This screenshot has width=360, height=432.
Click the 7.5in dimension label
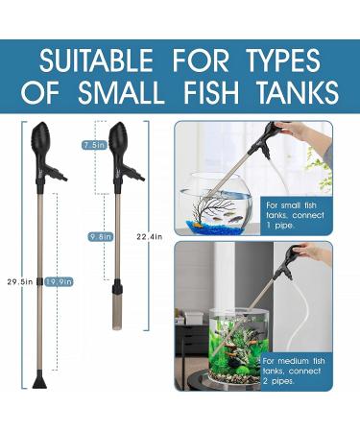(x=93, y=144)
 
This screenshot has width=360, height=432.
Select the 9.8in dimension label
(x=98, y=235)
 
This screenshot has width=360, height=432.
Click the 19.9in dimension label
(x=59, y=281)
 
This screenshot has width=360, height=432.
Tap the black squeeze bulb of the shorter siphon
(x=120, y=142)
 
